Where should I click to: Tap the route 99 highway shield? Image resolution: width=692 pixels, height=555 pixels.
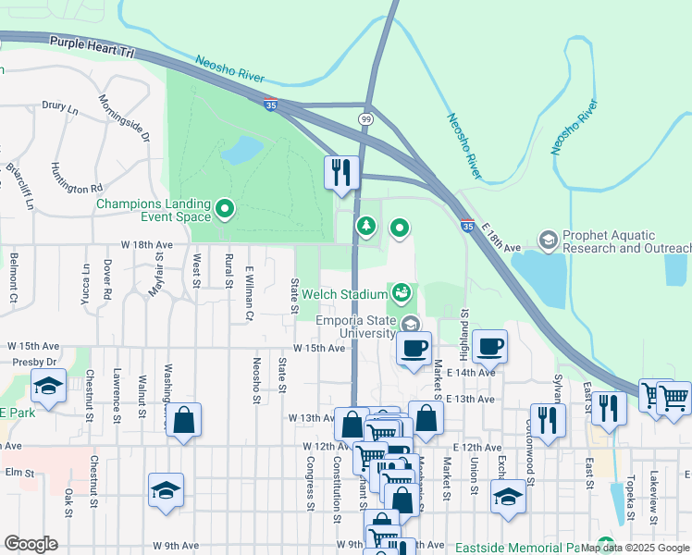[366, 120]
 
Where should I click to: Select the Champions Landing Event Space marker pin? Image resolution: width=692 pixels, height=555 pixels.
[224, 208]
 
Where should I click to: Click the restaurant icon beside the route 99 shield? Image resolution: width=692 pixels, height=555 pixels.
[341, 172]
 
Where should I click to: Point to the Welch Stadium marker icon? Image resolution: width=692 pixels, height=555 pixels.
[401, 293]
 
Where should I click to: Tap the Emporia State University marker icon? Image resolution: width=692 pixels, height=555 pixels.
[410, 323]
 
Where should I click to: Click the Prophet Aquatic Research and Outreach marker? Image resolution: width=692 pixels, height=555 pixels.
[549, 240]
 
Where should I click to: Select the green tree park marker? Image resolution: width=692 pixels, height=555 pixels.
[367, 226]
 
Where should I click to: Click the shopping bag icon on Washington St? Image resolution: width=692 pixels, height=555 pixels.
[184, 421]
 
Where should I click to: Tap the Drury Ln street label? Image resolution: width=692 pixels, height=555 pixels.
[60, 107]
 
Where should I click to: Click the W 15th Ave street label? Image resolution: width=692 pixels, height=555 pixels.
[319, 348]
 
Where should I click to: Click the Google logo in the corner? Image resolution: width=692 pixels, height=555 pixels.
[31, 543]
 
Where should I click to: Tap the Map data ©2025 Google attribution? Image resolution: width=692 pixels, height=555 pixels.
[635, 548]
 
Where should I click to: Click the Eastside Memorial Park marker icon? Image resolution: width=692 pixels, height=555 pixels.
[606, 544]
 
